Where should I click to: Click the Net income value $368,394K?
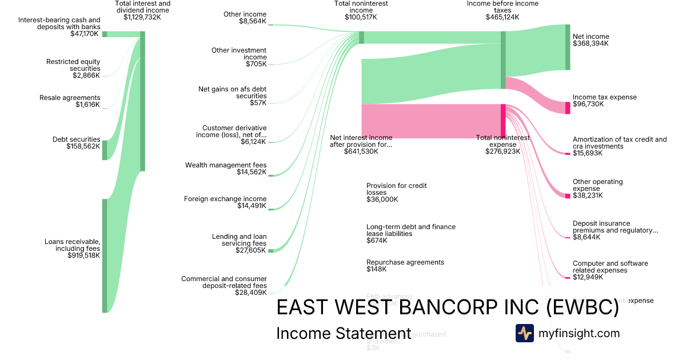pos(591,43)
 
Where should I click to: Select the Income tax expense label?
pos(604,97)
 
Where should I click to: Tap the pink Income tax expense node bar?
pos(568,108)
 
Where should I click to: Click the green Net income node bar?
pos(568,47)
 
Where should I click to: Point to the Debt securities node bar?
pos(105,150)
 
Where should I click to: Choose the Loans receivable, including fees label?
pos(72,245)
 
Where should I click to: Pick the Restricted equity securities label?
pos(73,65)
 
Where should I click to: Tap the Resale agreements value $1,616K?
pos(87,105)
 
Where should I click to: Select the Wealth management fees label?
pos(226,165)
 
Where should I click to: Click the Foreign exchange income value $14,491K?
pos(252,206)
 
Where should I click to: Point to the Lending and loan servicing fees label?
pos(239,240)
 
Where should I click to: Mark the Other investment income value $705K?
pos(256,64)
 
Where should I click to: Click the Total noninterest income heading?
pos(361,7)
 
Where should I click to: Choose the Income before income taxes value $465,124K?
pos(502,17)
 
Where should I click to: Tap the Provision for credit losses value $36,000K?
pos(382,199)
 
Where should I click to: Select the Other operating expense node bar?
pos(568,196)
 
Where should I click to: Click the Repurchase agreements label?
pos(405,262)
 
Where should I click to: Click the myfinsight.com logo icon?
pos(524,333)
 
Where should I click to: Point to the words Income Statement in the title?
pos(343,334)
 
